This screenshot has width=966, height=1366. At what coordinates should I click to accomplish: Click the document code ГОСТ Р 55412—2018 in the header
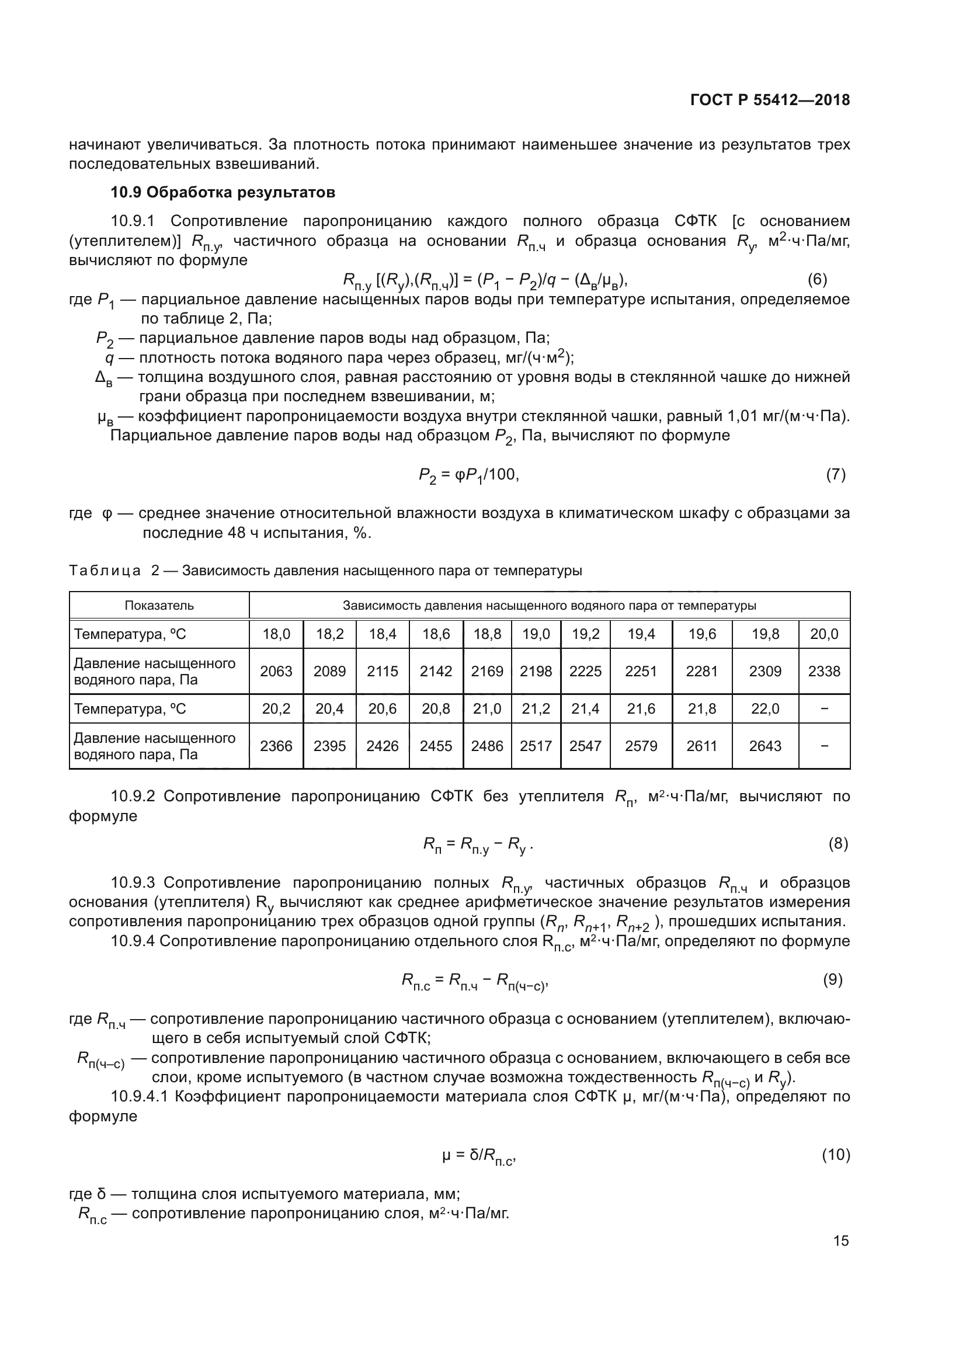pyautogui.click(x=770, y=100)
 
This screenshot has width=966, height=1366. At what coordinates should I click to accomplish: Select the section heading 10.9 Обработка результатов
pyautogui.click(x=223, y=192)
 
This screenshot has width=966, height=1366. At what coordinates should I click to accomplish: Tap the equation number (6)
pyautogui.click(x=816, y=279)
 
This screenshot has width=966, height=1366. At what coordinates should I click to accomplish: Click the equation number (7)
pyautogui.click(x=835, y=474)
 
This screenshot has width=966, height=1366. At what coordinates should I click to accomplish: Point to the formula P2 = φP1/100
pyautogui.click(x=468, y=475)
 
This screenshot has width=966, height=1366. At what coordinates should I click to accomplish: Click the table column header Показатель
pyautogui.click(x=159, y=606)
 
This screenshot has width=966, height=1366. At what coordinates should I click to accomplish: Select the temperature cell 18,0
pyautogui.click(x=276, y=634)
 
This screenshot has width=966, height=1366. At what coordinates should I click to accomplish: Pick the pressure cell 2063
pyautogui.click(x=276, y=671)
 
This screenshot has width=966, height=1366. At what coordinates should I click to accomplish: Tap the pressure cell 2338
pyautogui.click(x=824, y=671)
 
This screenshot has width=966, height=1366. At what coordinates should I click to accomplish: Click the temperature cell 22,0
pyautogui.click(x=765, y=709)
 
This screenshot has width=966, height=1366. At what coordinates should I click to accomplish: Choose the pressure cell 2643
pyautogui.click(x=765, y=746)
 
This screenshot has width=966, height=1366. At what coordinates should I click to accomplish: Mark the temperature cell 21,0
pyautogui.click(x=487, y=709)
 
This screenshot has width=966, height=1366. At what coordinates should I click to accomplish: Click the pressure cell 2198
pyautogui.click(x=536, y=671)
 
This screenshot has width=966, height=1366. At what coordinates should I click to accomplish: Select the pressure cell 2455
pyautogui.click(x=436, y=746)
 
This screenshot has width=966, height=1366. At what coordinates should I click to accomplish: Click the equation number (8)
pyautogui.click(x=838, y=844)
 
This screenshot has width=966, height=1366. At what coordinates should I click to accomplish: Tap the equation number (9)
pyautogui.click(x=833, y=979)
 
